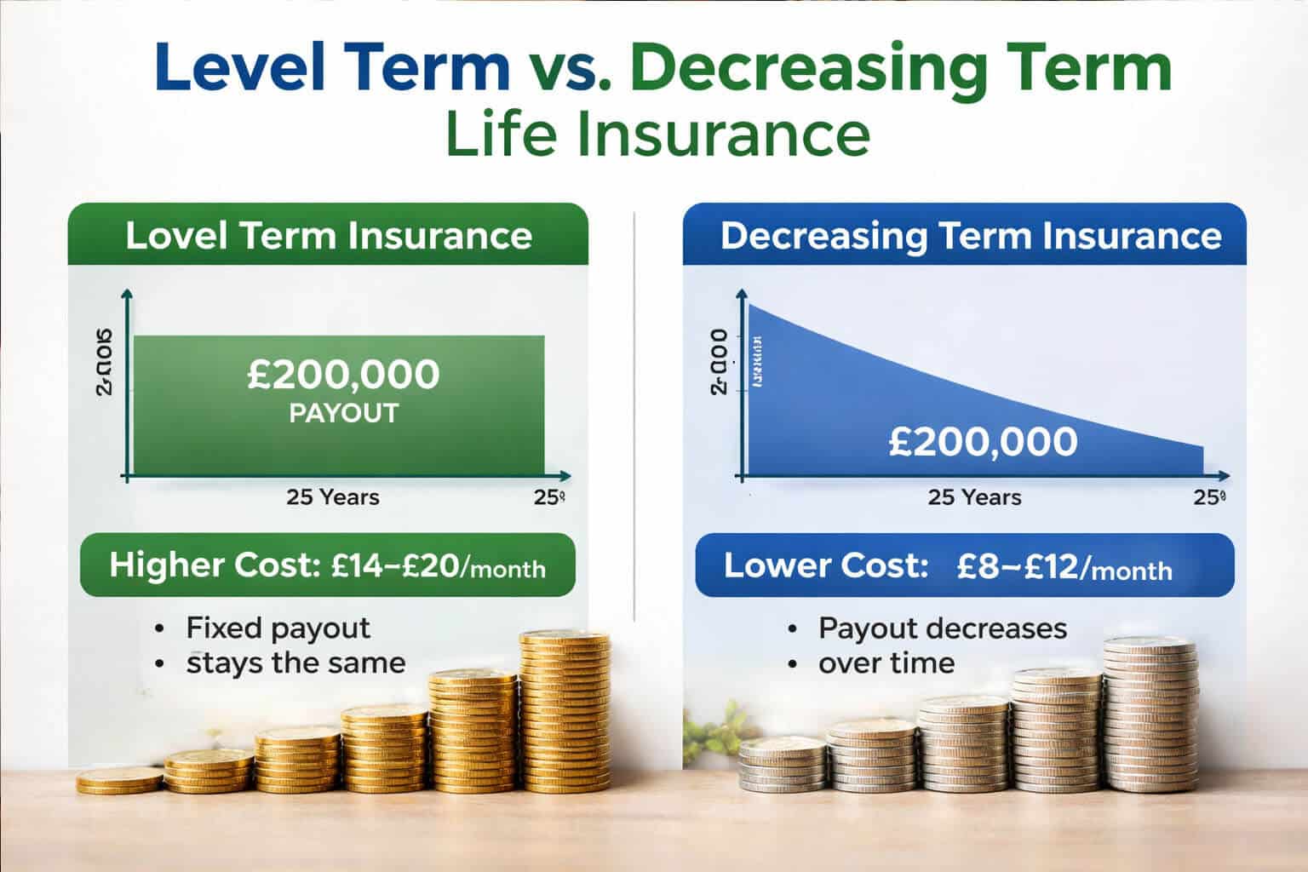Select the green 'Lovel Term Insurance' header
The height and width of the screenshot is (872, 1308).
[x=328, y=235]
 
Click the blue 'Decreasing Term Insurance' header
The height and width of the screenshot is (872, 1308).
[x=970, y=235]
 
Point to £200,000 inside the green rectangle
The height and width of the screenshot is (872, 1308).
[x=343, y=375]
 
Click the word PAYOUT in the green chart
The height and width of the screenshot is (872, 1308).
[x=343, y=414]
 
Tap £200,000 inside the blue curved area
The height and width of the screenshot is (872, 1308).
[x=982, y=442]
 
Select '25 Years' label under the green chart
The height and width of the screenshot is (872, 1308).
[x=333, y=497]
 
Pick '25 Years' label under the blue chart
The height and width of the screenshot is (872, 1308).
[x=974, y=497]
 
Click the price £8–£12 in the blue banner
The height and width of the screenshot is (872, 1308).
[x=1018, y=566]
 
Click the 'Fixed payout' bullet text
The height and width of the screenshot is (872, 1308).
[x=278, y=628]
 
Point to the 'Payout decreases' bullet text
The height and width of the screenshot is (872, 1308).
[x=942, y=628]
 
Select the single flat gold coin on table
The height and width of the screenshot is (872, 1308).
[x=119, y=778]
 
